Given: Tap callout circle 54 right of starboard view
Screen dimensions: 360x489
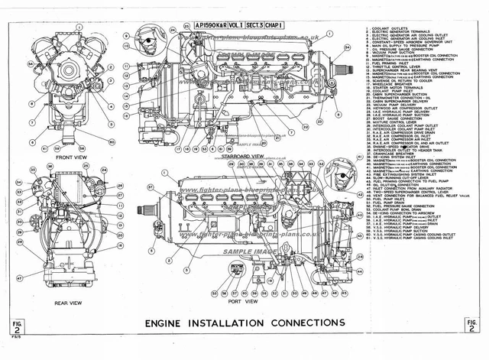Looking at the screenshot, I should point(347,47).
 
